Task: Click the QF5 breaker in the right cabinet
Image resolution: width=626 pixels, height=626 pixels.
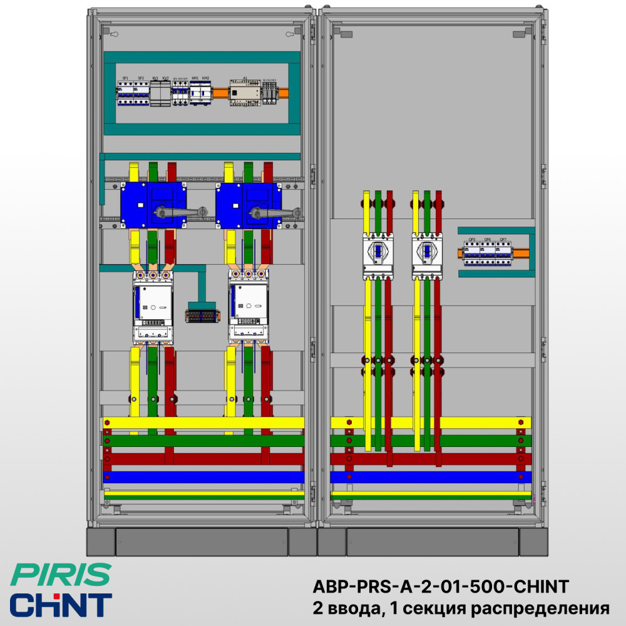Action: [x=471, y=253]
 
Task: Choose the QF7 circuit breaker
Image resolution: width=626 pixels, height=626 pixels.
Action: [x=503, y=253]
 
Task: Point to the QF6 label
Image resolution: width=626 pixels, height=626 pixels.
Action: [x=487, y=240]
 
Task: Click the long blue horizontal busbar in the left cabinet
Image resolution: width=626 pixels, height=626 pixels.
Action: [x=203, y=477]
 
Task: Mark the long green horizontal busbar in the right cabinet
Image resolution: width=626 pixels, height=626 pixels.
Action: [x=431, y=441]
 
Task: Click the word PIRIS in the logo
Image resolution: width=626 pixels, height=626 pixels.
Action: [x=62, y=575]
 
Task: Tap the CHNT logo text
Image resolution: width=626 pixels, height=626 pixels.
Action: [x=63, y=604]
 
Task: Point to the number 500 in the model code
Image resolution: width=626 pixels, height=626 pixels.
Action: [x=481, y=587]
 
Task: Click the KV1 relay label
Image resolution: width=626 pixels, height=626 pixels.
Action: [x=155, y=78]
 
